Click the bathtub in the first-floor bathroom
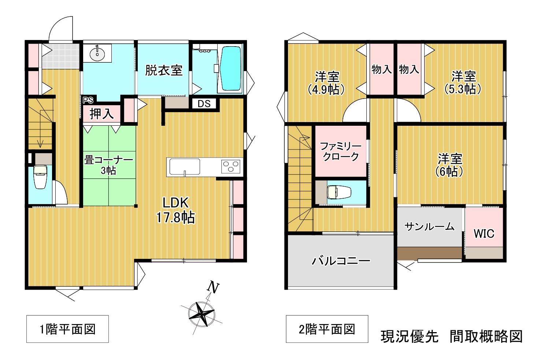230,69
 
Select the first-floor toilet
40,177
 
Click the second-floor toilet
339,192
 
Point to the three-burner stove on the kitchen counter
231,166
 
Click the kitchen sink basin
185,167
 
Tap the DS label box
204,104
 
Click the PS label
88,100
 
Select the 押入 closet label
101,114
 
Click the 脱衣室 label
164,70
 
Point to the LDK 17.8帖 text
175,210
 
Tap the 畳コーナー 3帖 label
109,165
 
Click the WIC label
484,234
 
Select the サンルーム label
429,227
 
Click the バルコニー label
341,261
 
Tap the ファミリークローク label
341,151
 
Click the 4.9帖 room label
327,83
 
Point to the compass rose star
202,314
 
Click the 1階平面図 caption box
67,329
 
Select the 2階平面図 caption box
327,329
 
